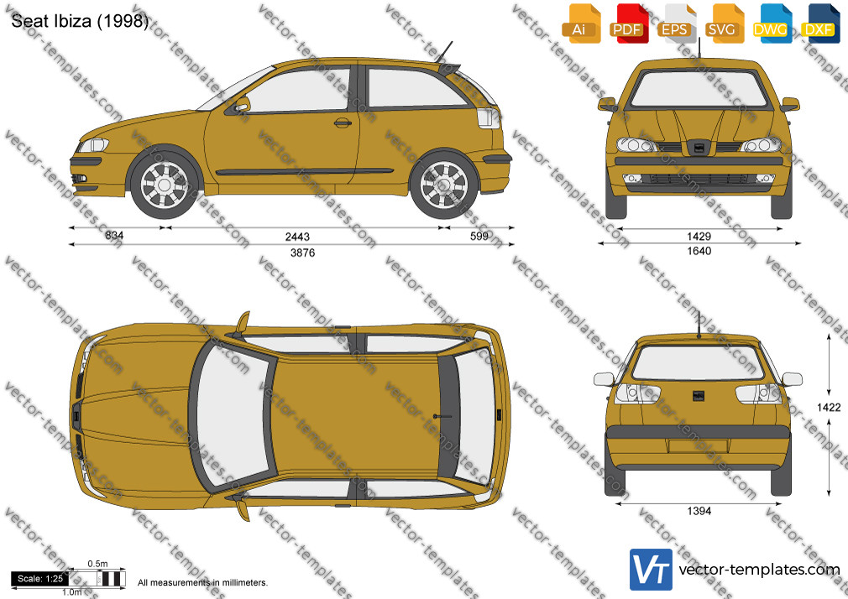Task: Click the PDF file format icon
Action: click(628, 23)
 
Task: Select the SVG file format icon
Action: click(725, 23)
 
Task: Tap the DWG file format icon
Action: click(772, 23)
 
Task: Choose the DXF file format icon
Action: click(820, 23)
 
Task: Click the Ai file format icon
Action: click(581, 23)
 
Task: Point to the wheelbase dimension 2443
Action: click(297, 237)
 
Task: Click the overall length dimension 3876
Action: click(302, 253)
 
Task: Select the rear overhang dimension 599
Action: click(479, 236)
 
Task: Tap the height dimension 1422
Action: click(829, 407)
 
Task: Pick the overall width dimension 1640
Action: click(699, 251)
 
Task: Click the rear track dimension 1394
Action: click(699, 511)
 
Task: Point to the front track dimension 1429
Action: click(699, 237)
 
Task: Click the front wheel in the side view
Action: click(165, 185)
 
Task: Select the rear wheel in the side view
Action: click(443, 185)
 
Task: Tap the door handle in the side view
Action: click(343, 122)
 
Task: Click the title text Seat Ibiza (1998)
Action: click(80, 21)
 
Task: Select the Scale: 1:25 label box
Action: click(40, 579)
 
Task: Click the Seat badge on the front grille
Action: click(699, 147)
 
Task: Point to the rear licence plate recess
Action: click(698, 446)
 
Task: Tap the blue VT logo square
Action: click(652, 570)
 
